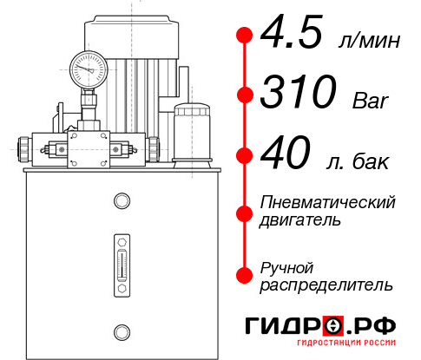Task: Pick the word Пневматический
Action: click(x=328, y=203)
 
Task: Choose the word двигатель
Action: click(x=300, y=220)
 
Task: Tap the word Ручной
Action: click(x=287, y=266)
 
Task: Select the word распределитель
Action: click(x=326, y=285)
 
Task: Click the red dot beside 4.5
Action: click(x=245, y=35)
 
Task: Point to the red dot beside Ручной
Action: click(x=245, y=275)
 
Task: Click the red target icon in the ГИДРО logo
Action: click(x=333, y=325)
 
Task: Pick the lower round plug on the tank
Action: click(x=121, y=330)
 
